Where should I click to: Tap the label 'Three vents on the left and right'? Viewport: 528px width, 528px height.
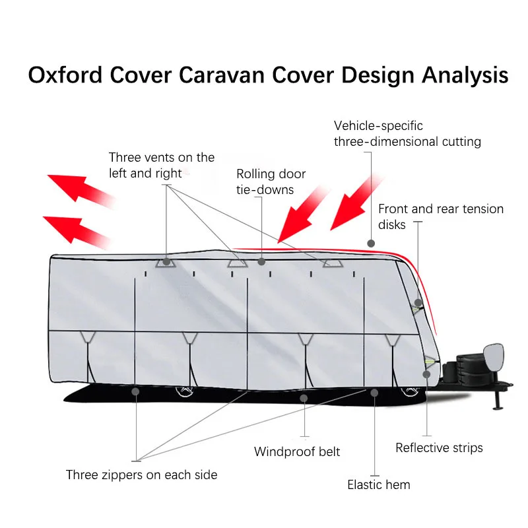pos(162,165)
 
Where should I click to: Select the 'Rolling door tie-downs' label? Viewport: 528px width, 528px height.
pos(271,181)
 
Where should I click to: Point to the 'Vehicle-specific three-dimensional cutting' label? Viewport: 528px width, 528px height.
pos(407,133)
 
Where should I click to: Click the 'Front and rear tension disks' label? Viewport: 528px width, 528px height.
pos(440,216)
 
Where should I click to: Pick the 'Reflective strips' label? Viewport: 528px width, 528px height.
pos(439,448)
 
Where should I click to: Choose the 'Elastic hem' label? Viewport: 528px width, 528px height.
pos(379,485)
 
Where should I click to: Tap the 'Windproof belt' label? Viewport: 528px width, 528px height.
pos(297,452)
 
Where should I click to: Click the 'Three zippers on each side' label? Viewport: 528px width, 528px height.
pos(141,475)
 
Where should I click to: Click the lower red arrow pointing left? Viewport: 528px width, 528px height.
pos(75,227)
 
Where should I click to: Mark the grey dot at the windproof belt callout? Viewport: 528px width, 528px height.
pos(304,398)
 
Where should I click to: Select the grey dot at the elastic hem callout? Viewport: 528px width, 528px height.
pos(374,393)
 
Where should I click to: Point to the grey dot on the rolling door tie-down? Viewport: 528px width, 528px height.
pos(261,262)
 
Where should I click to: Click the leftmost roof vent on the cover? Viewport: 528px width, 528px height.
pos(166,261)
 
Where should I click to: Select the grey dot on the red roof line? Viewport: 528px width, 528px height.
pos(372,243)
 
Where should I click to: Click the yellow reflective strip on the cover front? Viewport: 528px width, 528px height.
pos(430,362)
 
